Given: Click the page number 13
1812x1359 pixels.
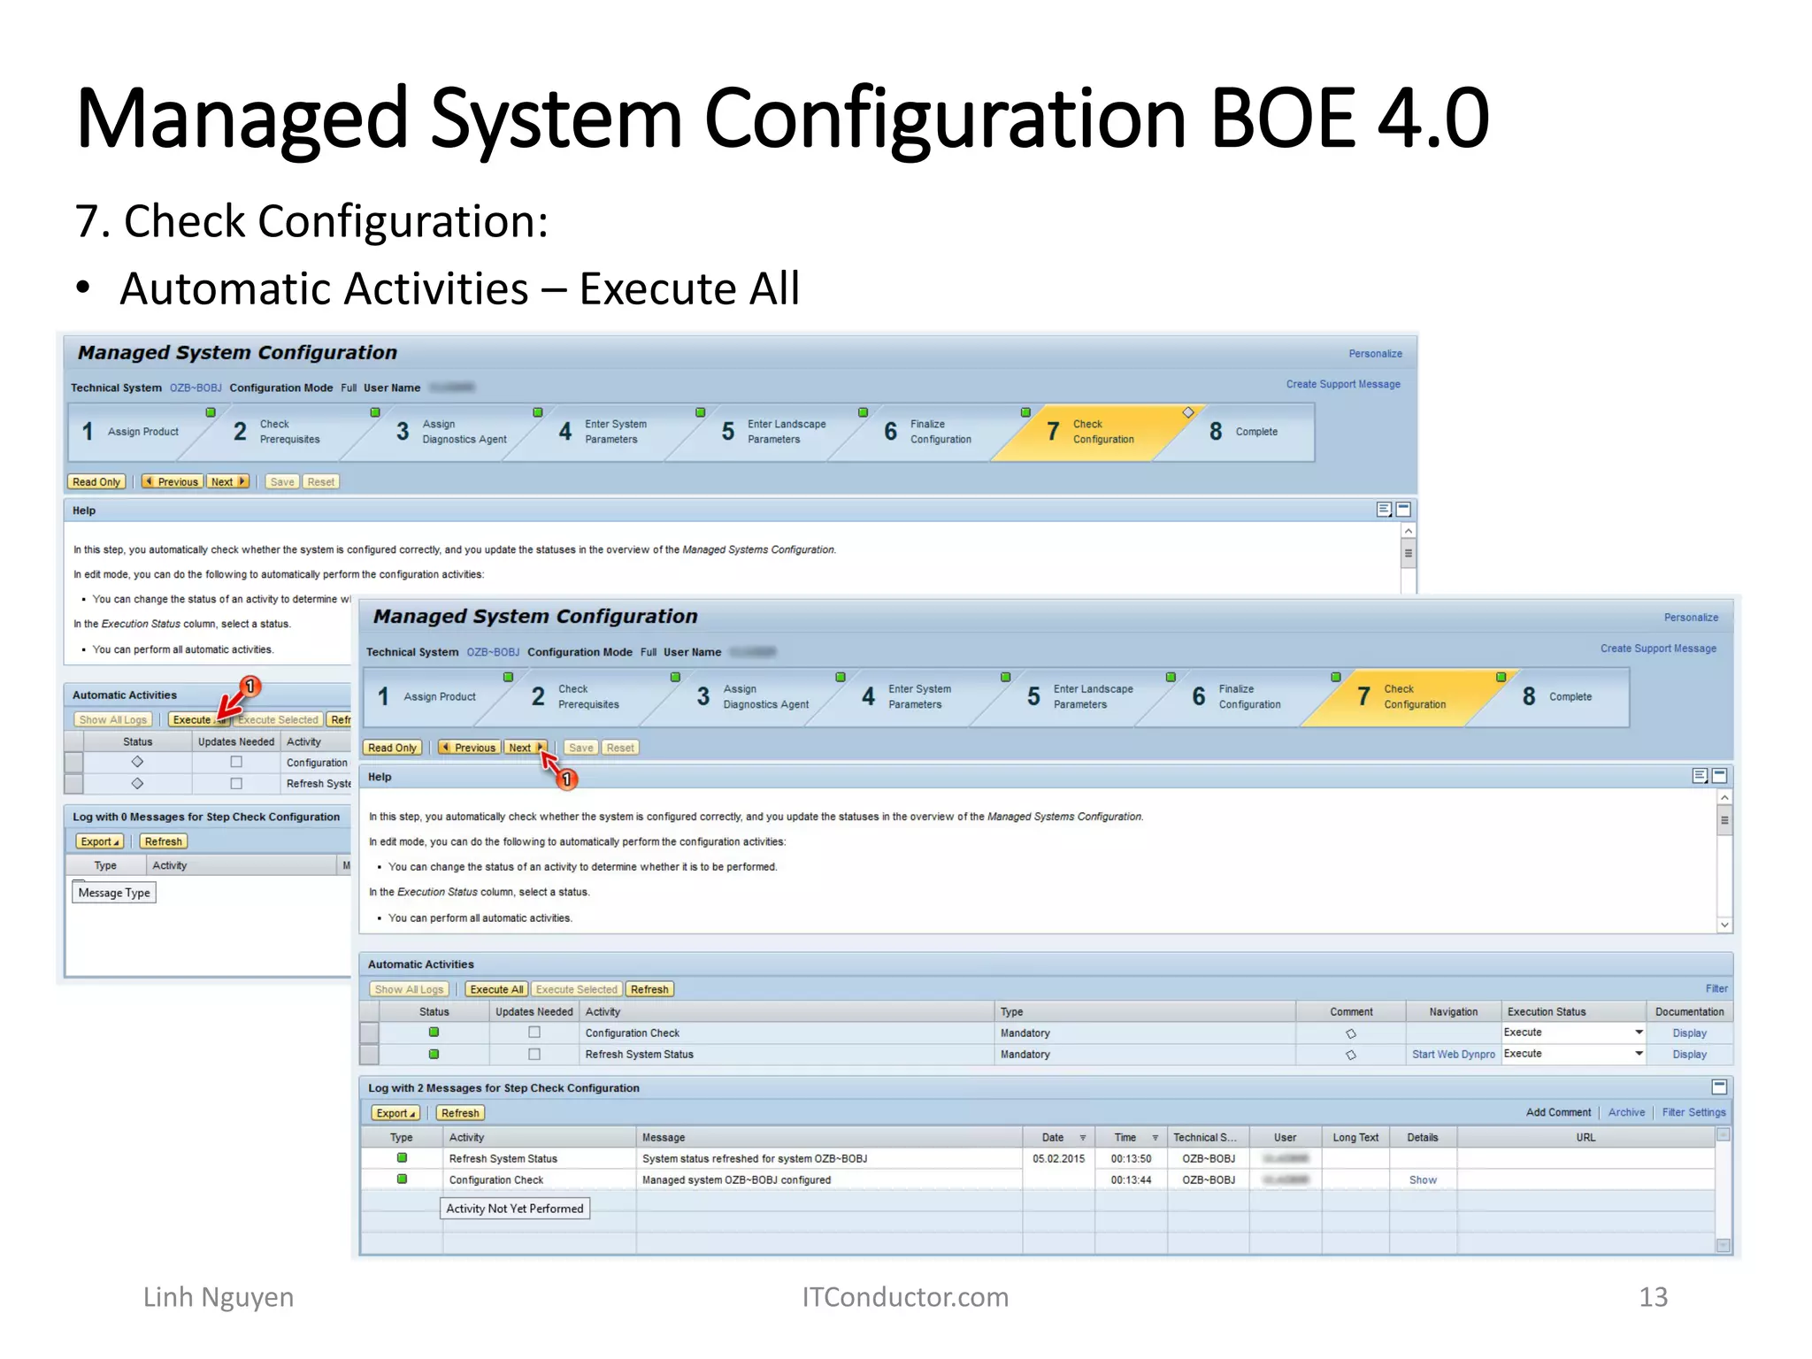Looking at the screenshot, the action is (1653, 1296).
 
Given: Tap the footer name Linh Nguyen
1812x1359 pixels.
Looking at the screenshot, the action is (218, 1296).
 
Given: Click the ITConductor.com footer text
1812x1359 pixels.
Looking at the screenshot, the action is (904, 1296).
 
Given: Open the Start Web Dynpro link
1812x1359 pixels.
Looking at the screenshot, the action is (1453, 1054).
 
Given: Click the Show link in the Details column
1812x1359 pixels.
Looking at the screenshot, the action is (1422, 1179).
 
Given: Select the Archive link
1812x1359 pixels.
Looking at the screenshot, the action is (1626, 1112).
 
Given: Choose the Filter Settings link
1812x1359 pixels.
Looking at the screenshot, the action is (1693, 1112).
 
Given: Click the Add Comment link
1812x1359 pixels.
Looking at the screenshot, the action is (1558, 1112).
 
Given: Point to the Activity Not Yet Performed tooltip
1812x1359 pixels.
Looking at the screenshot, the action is (514, 1208).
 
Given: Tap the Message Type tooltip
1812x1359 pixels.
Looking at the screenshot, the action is (114, 893).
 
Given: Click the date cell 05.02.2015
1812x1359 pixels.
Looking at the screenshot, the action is (1058, 1158).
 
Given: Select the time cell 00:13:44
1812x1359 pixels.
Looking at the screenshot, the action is (1131, 1179).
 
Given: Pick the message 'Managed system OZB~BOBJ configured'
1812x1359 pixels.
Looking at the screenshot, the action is (736, 1179).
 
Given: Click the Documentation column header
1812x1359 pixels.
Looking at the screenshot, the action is (1689, 1011).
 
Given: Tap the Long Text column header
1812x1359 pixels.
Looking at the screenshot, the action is (1355, 1137).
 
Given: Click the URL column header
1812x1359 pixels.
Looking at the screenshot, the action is (1585, 1137).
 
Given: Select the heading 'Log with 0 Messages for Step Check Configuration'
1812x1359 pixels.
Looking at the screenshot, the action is (206, 817).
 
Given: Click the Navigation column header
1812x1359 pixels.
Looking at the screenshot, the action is (1453, 1011).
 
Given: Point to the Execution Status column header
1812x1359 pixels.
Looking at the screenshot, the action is (1547, 1011).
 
